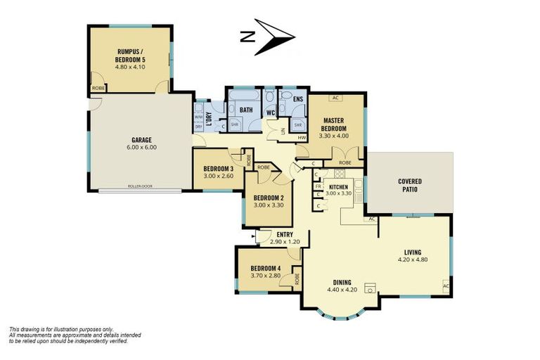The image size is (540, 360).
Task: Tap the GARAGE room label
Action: [x=141, y=140]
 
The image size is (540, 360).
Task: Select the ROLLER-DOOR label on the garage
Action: [x=139, y=187]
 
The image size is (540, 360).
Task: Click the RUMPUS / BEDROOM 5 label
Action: [x=131, y=54]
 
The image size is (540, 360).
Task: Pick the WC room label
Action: [x=270, y=112]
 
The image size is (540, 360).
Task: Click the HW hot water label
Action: [x=302, y=137]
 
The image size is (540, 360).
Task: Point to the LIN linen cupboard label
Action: [x=283, y=131]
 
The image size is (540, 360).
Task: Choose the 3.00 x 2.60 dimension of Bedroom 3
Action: [x=218, y=176]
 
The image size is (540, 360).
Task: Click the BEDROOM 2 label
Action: [x=268, y=198]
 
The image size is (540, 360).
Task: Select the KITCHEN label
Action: [x=338, y=186]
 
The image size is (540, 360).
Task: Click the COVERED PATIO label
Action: [x=410, y=186]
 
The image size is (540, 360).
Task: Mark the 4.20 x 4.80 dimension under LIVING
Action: [x=412, y=260]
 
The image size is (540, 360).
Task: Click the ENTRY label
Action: [x=285, y=234]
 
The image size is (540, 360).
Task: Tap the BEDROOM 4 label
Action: [x=264, y=268]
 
